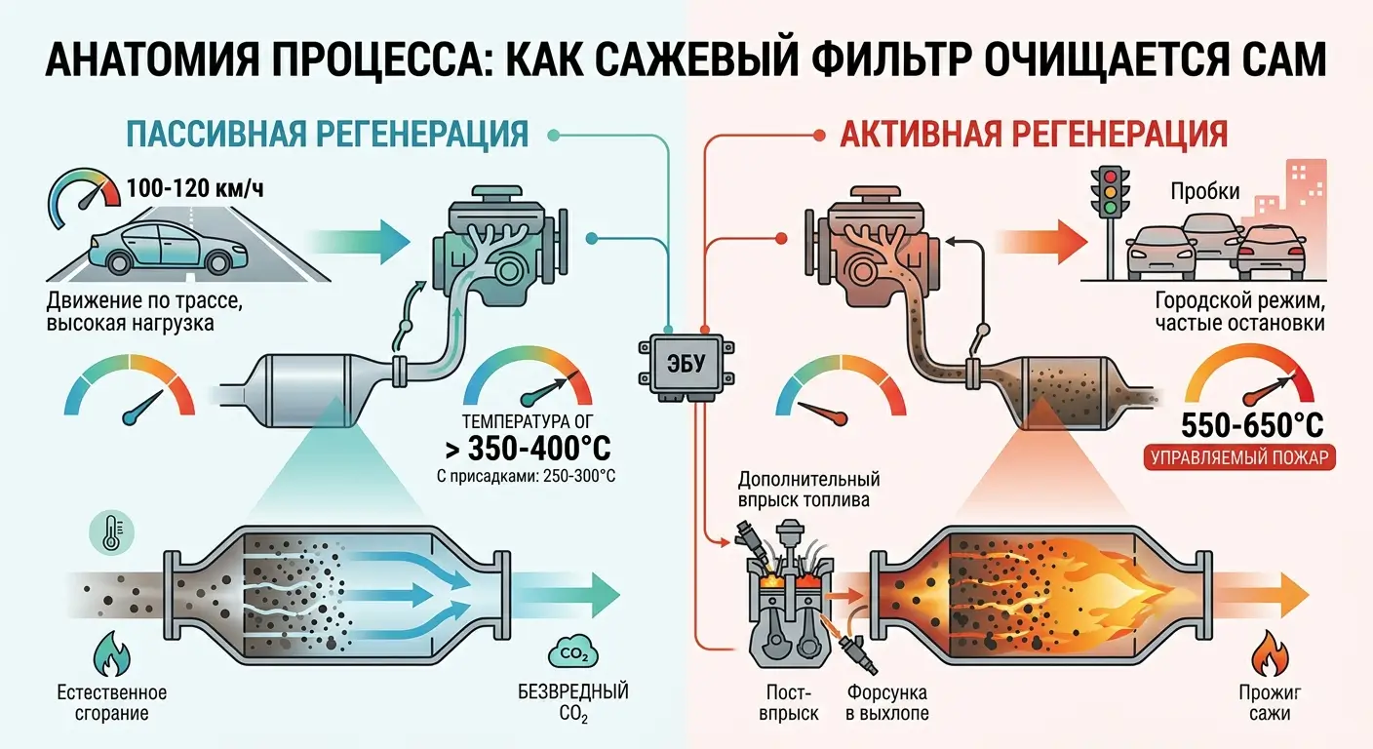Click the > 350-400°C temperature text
click(x=528, y=450)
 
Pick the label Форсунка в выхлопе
click(x=886, y=703)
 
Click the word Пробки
click(x=1205, y=192)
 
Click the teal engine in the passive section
click(x=496, y=245)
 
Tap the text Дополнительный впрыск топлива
click(x=808, y=491)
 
